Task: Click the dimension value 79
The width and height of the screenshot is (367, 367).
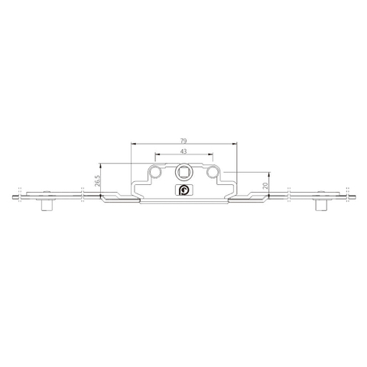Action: click(x=183, y=140)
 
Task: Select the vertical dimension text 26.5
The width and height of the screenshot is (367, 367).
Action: click(x=98, y=181)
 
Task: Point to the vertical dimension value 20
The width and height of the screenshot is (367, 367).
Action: click(x=265, y=187)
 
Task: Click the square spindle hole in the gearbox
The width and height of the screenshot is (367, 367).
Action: click(x=183, y=173)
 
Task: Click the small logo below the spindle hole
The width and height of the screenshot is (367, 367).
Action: click(x=183, y=190)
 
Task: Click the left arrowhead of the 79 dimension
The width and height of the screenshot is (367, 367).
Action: click(x=132, y=145)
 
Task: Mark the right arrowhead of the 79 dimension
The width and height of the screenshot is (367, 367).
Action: click(x=235, y=145)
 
